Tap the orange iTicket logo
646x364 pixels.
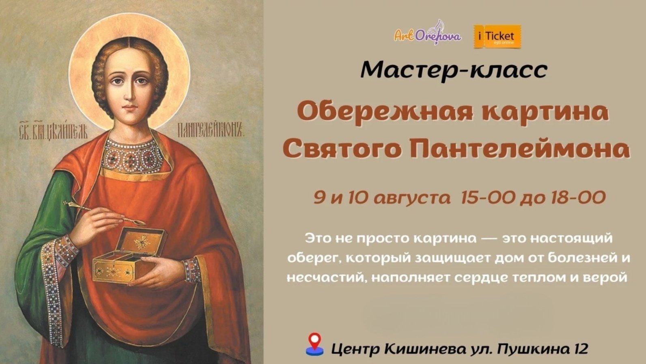pos(497,37)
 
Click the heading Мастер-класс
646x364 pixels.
pos(454,70)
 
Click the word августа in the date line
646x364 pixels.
pos(411,198)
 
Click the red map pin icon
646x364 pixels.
pos(314,344)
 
